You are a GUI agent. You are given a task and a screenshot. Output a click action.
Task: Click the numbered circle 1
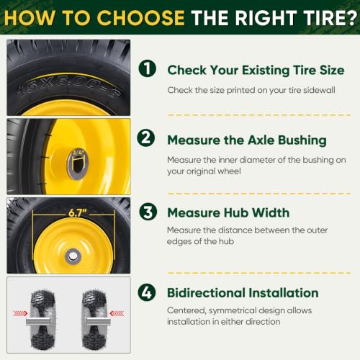(x=148, y=68)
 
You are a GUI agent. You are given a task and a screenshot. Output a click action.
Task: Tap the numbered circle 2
(x=146, y=138)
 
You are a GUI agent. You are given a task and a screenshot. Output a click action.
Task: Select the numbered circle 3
(x=148, y=212)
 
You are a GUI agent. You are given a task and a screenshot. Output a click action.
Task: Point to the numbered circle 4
(x=147, y=292)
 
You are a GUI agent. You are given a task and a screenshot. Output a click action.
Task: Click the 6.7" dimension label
(x=78, y=212)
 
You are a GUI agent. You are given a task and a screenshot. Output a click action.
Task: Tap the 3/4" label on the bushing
(x=78, y=152)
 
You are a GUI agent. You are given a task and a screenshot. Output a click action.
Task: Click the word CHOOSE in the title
(x=140, y=18)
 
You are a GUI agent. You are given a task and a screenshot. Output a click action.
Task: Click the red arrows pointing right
(x=20, y=313)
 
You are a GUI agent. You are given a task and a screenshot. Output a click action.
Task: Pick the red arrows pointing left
(x=117, y=313)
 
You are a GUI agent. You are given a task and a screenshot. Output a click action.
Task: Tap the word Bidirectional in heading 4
(x=206, y=293)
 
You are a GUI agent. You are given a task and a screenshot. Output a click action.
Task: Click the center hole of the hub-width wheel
(x=73, y=256)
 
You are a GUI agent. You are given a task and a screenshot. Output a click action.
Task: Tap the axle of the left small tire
(x=38, y=321)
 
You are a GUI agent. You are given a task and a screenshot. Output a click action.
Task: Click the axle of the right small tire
(x=99, y=321)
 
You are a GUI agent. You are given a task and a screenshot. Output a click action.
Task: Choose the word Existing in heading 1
(x=266, y=71)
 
